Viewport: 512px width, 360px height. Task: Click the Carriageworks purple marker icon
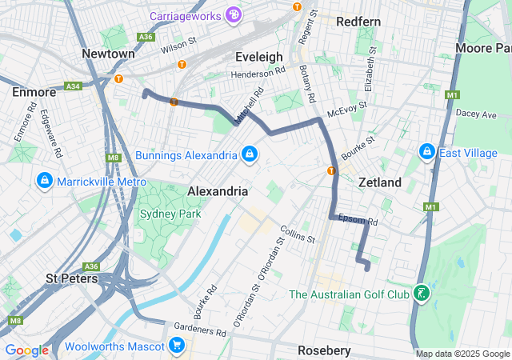point(233,14)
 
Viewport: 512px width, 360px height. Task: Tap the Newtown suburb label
point(108,54)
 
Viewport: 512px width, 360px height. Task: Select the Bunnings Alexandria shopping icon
point(250,154)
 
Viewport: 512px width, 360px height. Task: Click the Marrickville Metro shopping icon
point(44,182)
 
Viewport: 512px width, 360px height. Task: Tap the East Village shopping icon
point(426,151)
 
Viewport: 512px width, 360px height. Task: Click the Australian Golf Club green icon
point(421,294)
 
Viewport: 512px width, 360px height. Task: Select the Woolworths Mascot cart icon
point(177,346)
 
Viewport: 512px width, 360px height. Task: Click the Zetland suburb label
point(379,182)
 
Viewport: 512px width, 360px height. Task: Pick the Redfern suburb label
point(358,22)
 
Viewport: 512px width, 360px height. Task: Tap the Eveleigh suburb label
point(259,57)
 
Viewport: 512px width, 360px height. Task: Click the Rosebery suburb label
point(324,350)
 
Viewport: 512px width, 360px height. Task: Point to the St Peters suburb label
point(72,279)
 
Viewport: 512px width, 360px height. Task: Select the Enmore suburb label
point(34,92)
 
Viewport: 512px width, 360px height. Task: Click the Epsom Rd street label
point(358,219)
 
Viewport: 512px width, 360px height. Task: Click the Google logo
point(26,350)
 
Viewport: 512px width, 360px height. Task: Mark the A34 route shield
point(74,86)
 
